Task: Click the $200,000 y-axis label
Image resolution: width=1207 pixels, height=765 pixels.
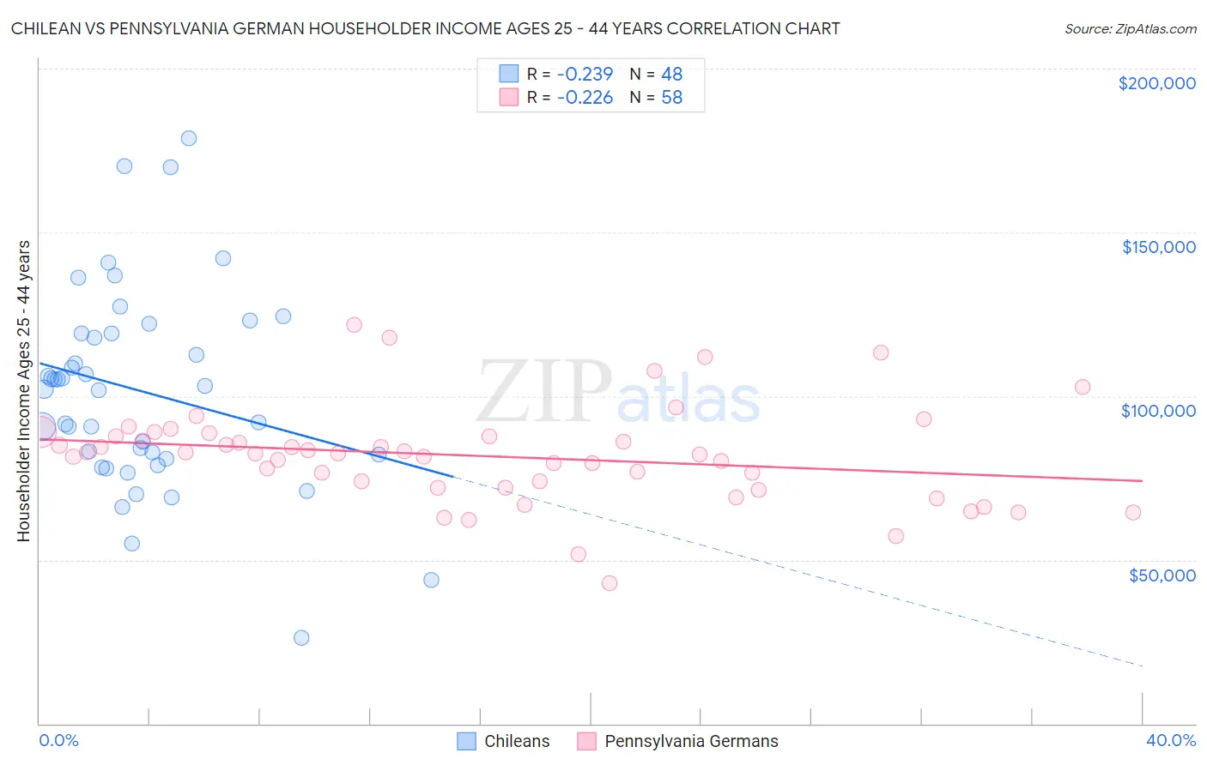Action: (1156, 83)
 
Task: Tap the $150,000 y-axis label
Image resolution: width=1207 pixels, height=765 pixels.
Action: (1158, 247)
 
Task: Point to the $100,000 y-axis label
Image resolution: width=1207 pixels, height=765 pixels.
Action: (1158, 411)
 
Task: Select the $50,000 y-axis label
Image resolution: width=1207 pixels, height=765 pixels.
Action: (1162, 575)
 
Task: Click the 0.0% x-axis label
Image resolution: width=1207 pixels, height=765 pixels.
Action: (58, 740)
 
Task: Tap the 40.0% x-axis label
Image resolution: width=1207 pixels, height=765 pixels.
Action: (1170, 740)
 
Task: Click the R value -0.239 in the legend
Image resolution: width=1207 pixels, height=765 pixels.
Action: (585, 74)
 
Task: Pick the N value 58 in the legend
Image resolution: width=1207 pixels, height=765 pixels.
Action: (671, 98)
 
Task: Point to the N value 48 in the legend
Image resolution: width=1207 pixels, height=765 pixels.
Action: (671, 74)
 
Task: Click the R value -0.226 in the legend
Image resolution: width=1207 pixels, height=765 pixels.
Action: (585, 98)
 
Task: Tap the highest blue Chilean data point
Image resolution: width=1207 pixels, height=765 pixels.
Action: (189, 138)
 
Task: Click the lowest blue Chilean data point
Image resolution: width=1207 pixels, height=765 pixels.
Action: (301, 637)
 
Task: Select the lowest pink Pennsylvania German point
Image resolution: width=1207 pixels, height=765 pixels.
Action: (610, 583)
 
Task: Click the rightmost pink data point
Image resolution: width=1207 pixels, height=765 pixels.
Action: (1132, 512)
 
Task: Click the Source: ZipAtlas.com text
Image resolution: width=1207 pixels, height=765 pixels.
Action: (1130, 29)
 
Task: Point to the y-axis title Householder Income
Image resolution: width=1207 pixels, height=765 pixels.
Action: (23, 390)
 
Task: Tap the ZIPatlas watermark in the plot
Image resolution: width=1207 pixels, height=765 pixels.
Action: (618, 393)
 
